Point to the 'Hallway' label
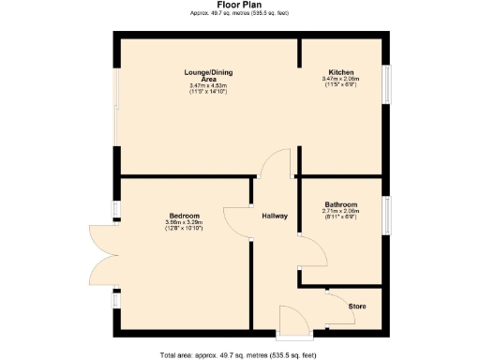coord(274,217)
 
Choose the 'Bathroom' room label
coord(340,204)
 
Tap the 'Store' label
coord(357,307)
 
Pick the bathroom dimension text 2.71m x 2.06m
coord(340,211)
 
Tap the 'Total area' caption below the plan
coord(238,354)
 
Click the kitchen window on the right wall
coord(384,80)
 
